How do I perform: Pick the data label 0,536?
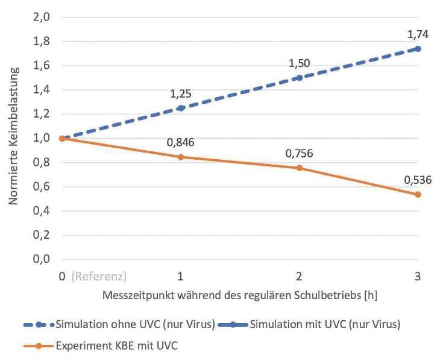click(x=417, y=180)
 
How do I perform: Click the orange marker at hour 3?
click(x=417, y=194)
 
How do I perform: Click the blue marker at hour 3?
click(x=417, y=48)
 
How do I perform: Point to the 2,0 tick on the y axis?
click(x=40, y=17)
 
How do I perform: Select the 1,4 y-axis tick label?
click(x=40, y=90)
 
